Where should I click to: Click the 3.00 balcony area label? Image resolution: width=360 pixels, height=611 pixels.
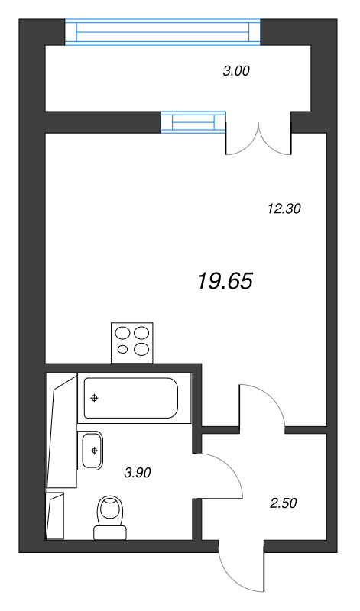tap(236, 72)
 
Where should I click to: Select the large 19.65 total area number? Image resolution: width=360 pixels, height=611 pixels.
tap(225, 281)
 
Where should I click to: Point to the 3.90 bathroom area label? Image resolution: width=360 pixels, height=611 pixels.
tap(138, 473)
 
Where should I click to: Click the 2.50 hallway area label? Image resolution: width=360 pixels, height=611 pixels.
tap(283, 503)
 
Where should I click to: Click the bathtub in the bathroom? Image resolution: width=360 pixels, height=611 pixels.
tap(131, 398)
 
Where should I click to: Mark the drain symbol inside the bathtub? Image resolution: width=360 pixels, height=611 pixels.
tap(94, 398)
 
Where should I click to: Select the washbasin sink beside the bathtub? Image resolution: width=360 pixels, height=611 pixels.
tap(92, 449)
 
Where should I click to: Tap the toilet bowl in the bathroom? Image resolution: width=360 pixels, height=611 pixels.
tap(112, 510)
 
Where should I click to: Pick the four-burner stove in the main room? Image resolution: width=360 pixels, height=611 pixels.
tap(131, 341)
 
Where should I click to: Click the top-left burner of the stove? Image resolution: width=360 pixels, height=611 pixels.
tap(123, 333)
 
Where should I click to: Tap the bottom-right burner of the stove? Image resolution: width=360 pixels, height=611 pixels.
tap(141, 350)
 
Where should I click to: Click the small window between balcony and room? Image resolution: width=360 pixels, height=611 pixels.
tap(194, 121)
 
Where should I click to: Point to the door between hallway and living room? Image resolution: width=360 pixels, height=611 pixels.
tap(264, 405)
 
